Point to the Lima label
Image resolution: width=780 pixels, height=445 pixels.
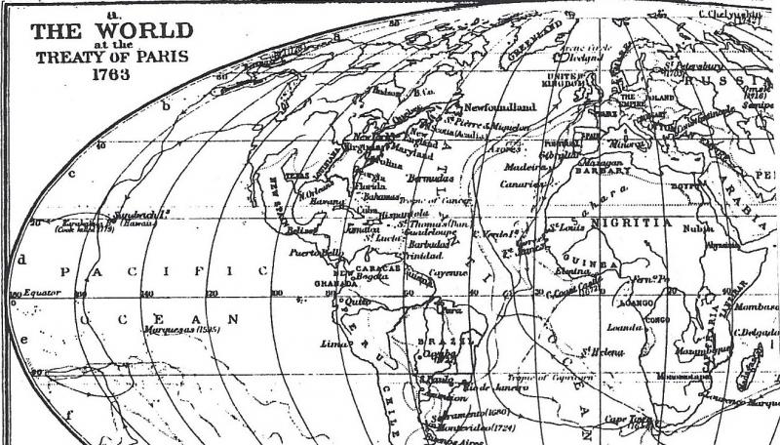[x=334, y=344]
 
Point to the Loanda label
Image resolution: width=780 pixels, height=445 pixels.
[x=624, y=328]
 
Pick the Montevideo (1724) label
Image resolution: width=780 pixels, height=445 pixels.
[x=479, y=427]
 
